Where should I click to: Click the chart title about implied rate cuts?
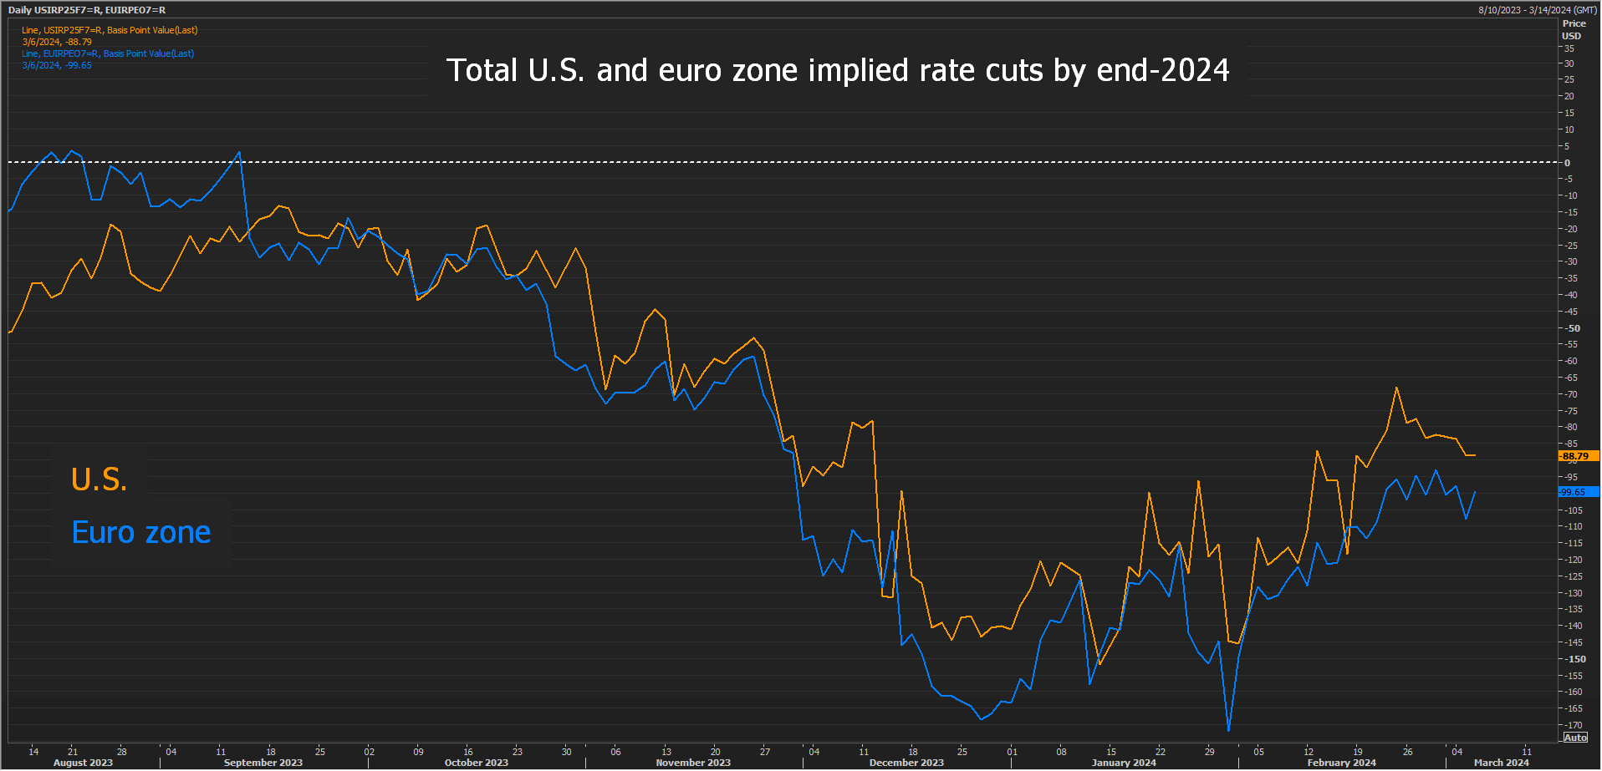point(838,71)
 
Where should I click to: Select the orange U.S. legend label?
point(99,479)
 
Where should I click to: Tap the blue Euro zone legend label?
point(141,533)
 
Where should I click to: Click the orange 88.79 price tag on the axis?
point(1578,456)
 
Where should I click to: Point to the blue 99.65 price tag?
point(1578,492)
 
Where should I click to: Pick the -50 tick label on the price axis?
point(1573,328)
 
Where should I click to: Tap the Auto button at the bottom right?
point(1575,738)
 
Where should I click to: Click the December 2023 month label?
point(906,763)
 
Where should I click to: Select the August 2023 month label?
point(83,763)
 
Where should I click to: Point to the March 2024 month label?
point(1501,763)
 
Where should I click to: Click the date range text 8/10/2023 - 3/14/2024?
point(1537,10)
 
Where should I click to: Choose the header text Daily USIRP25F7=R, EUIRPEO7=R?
point(87,10)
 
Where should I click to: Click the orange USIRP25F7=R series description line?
point(110,30)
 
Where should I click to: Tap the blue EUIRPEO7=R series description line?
point(108,53)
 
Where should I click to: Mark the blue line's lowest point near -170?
point(1228,731)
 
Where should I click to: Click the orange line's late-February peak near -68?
point(1396,388)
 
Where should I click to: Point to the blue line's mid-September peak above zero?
point(239,152)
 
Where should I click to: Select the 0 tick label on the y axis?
point(1568,163)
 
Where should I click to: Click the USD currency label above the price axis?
point(1572,36)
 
